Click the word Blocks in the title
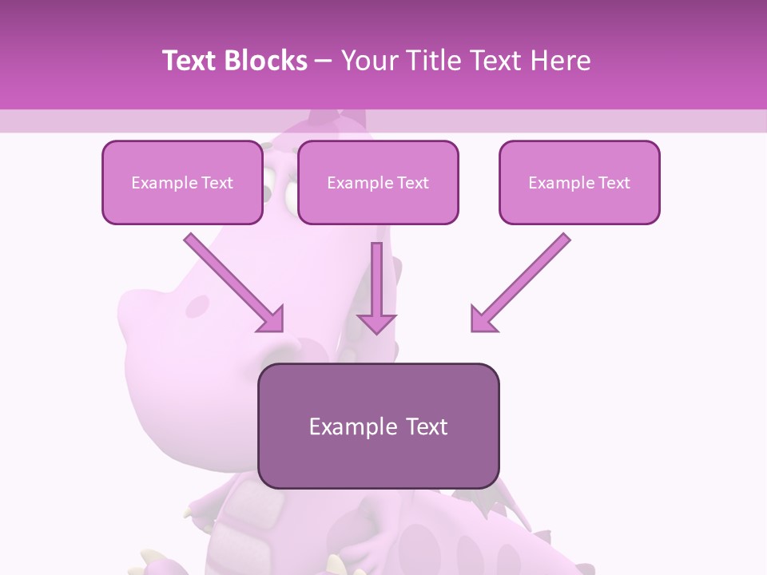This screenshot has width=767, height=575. (x=267, y=61)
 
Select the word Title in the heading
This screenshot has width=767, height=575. (x=433, y=61)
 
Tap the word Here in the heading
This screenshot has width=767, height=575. (x=560, y=61)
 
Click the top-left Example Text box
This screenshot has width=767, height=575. (x=182, y=182)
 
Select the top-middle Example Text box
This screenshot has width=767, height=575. (x=378, y=182)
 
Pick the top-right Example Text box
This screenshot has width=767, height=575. (x=579, y=182)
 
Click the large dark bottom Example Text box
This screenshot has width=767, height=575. (x=379, y=426)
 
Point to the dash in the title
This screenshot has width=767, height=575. (x=324, y=61)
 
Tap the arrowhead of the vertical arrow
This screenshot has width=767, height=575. (x=376, y=323)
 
